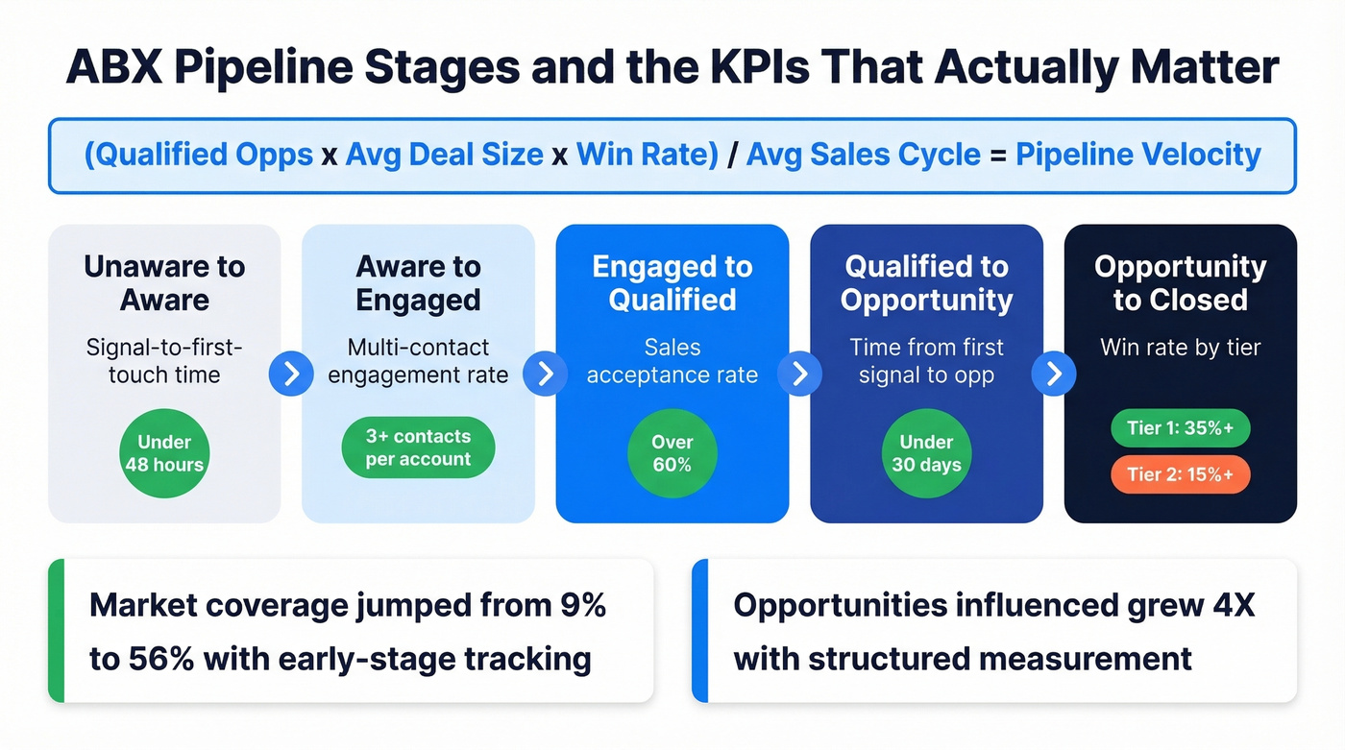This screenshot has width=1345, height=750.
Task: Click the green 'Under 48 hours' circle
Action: click(164, 453)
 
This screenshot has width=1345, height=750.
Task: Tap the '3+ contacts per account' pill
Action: click(418, 448)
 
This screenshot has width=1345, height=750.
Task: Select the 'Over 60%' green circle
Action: click(672, 453)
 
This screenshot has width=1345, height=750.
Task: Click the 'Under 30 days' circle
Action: click(926, 453)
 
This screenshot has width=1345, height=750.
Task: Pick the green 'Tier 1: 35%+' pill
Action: click(1180, 428)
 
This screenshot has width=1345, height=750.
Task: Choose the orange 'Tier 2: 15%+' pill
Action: click(1180, 474)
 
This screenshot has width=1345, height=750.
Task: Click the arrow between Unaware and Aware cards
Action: click(291, 374)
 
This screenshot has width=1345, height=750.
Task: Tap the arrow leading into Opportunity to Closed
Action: click(1054, 374)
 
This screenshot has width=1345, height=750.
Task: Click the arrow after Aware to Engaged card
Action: click(546, 374)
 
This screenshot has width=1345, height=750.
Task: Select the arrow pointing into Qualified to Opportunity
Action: click(799, 374)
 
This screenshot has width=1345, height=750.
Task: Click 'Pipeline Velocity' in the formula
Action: click(1137, 155)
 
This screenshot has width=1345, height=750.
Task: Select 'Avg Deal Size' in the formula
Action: click(444, 155)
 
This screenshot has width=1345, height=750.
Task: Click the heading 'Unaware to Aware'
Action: click(164, 282)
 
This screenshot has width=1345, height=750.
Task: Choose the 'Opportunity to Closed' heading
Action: click(1180, 282)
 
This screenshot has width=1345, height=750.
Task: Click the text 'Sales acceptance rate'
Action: click(672, 361)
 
